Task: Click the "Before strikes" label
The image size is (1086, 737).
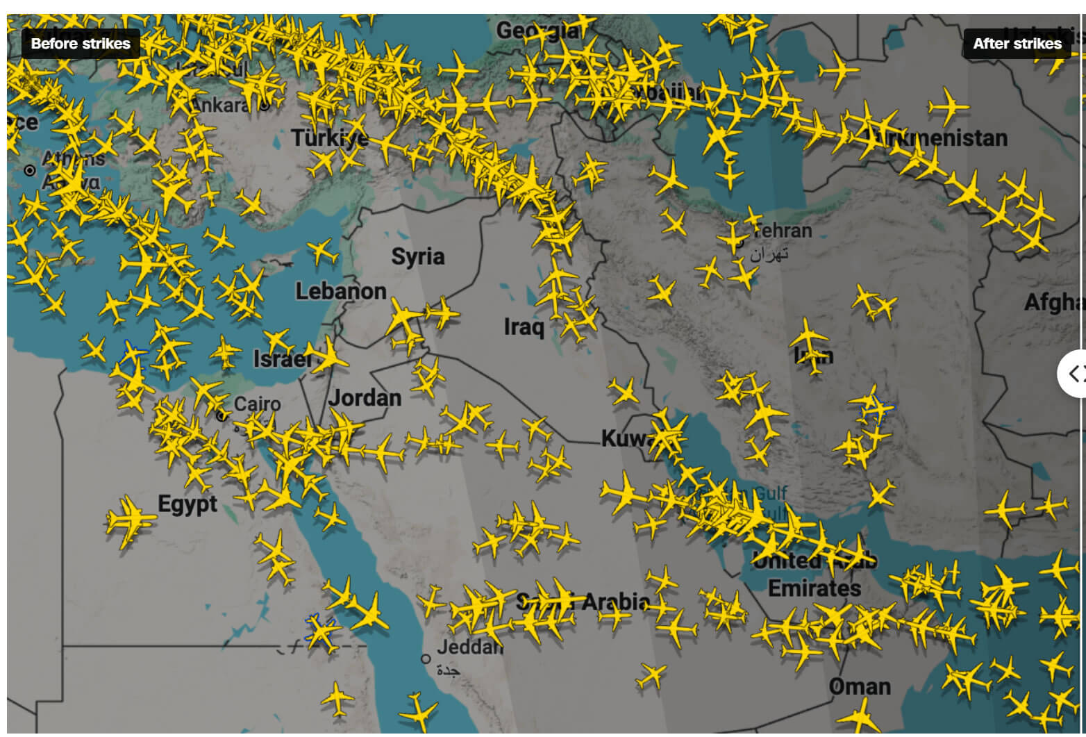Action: pos(81,44)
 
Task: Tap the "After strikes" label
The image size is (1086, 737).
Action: pos(1017,44)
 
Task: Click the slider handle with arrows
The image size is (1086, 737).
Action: pos(1075,374)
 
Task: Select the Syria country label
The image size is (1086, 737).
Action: pos(417,257)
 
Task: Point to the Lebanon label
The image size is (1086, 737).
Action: pos(341,291)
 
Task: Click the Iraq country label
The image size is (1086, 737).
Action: pos(524,326)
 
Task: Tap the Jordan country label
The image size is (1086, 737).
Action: pos(365,398)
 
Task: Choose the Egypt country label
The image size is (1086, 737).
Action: pos(187,504)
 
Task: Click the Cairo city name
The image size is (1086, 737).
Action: pos(257,404)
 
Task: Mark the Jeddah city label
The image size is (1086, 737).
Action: pos(469,647)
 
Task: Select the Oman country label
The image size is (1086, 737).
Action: pos(860,687)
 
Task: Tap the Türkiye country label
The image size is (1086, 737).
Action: pos(330,138)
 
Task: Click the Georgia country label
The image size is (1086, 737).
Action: pos(537,31)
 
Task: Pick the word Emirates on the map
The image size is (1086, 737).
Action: pos(814,588)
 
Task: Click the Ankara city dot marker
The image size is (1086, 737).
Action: pos(265,106)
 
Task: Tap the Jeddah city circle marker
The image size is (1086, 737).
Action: pos(426,659)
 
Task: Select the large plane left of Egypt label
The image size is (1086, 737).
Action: pos(129,520)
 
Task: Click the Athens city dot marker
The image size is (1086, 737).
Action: pos(30,170)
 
